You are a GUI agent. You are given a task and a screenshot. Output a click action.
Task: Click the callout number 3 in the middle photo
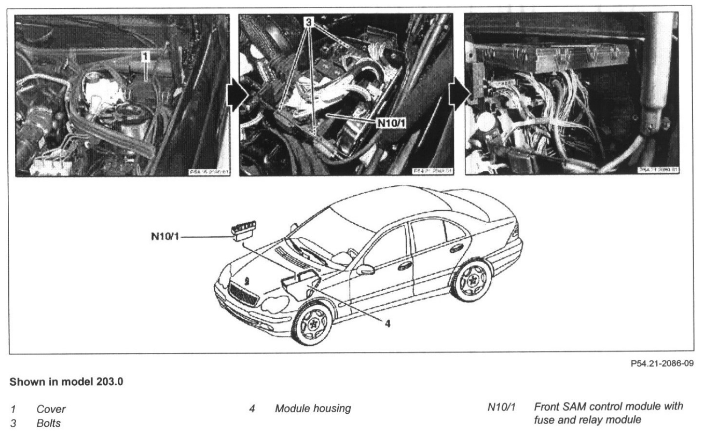pyautogui.click(x=310, y=23)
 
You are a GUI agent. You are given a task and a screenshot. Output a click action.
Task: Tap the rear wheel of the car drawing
pyautogui.click(x=472, y=281)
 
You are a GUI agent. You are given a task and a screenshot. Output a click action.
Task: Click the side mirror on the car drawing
pyautogui.click(x=365, y=270)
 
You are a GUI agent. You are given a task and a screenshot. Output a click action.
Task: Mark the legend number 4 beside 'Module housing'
pyautogui.click(x=252, y=409)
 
